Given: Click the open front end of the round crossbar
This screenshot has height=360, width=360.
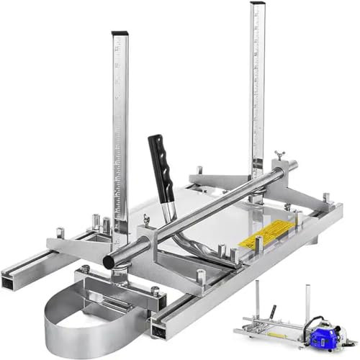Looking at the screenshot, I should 109,259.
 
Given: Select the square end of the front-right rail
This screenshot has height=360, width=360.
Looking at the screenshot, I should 160,328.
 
